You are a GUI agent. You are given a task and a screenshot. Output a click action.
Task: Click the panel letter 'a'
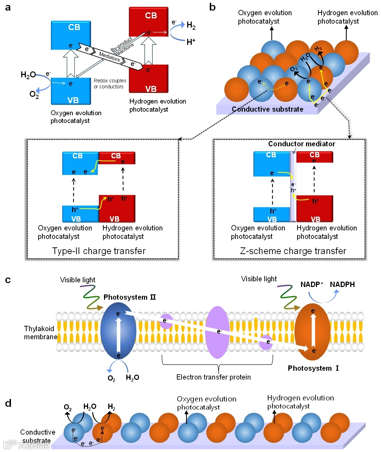8,7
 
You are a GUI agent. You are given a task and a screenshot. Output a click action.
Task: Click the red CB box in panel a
149,22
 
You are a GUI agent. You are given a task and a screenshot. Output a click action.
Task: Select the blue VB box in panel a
71,91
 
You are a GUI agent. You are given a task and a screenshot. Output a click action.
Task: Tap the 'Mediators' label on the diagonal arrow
109,57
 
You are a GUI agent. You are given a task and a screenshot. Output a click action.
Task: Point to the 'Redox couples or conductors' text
110,83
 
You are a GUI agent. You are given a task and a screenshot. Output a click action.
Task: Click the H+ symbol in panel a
191,42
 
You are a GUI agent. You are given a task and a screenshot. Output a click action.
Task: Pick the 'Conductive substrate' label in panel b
267,109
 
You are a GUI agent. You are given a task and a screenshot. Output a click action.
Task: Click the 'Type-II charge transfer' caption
99,251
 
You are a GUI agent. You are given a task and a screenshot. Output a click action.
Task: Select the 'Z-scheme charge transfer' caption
293,251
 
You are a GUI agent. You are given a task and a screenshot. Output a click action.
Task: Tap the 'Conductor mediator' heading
301,144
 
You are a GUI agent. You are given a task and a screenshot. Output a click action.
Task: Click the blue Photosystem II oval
118,330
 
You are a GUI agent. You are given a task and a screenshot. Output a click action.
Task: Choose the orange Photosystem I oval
312,331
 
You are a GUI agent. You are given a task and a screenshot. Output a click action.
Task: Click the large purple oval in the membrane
217,332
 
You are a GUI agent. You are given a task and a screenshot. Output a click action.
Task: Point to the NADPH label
342,284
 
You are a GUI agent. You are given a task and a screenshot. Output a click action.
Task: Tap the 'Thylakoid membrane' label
41,333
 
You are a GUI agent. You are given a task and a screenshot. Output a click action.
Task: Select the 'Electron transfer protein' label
213,377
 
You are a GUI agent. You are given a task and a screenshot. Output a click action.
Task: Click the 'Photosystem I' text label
313,368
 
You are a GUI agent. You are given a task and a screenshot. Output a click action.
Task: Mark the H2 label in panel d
111,407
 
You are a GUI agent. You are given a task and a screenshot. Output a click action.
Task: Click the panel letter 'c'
8,280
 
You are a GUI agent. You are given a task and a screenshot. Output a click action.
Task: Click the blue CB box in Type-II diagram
80,163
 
